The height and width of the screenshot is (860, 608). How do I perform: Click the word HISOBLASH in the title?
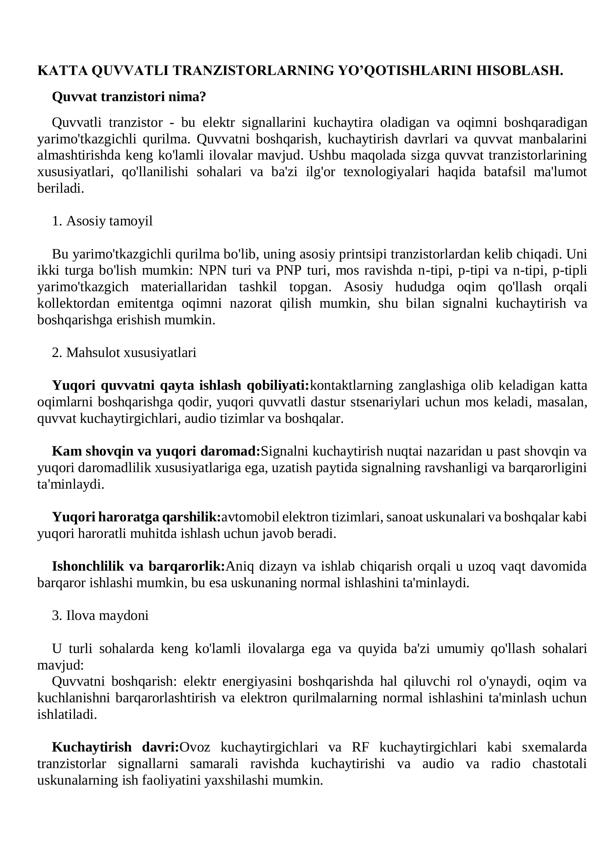tap(519, 71)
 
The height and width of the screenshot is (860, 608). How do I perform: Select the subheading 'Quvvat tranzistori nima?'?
tap(129, 97)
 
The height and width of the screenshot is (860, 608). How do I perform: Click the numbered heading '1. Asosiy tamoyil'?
tap(102, 221)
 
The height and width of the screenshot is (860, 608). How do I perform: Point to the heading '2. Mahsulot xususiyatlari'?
tap(124, 353)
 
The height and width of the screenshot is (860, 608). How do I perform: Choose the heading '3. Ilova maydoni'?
tap(100, 615)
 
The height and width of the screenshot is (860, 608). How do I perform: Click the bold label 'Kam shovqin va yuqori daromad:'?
tap(156, 451)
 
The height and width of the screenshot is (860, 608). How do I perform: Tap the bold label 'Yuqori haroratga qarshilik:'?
tap(137, 517)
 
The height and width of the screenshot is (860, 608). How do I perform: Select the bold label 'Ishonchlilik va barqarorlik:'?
tap(138, 566)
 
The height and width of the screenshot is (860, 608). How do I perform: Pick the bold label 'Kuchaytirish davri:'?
tap(115, 747)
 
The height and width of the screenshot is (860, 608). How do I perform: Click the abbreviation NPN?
tap(212, 270)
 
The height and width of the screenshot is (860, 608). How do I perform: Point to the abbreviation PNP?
tap(289, 270)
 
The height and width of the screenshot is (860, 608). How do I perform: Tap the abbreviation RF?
tap(361, 747)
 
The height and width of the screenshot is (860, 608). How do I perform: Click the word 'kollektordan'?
tap(74, 303)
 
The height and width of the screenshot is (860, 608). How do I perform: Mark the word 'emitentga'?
tap(146, 303)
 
